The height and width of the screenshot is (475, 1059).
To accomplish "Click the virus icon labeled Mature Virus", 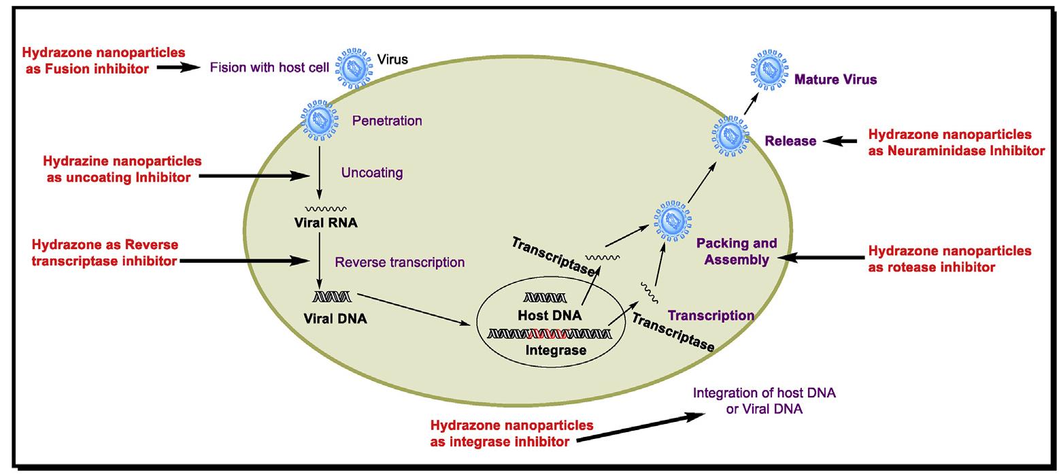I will (x=769, y=69).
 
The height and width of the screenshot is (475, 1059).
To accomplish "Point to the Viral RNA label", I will (x=326, y=223).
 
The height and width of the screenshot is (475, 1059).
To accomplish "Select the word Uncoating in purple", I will (x=372, y=173).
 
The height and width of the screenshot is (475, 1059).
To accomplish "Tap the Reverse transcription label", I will (x=400, y=262).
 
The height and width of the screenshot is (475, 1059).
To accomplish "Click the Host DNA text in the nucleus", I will (x=550, y=316).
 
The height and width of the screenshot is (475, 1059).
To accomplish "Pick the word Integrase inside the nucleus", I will (x=556, y=350).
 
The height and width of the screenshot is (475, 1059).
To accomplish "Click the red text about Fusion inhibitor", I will (x=103, y=60).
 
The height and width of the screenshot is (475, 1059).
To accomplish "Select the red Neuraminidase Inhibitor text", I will (x=956, y=143).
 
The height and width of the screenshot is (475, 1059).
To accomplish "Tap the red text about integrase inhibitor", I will (x=511, y=433).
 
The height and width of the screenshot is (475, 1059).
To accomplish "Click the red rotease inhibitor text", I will (x=949, y=259).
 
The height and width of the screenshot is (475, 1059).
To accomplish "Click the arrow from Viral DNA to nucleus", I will (x=414, y=309).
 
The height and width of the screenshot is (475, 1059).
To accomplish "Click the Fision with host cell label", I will (x=269, y=67).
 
